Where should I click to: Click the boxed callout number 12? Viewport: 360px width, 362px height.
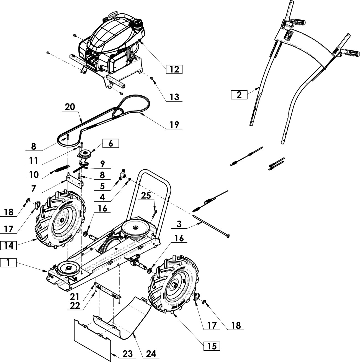(174, 69)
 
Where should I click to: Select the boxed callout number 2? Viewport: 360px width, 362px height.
(239, 95)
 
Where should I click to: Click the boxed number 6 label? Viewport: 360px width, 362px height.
(110, 144)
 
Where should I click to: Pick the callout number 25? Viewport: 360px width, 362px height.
(146, 196)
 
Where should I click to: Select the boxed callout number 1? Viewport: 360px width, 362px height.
(8, 263)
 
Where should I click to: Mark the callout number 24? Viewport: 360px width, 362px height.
(151, 353)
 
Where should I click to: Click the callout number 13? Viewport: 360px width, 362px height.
(174, 97)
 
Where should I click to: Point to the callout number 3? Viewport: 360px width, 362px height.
(179, 225)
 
